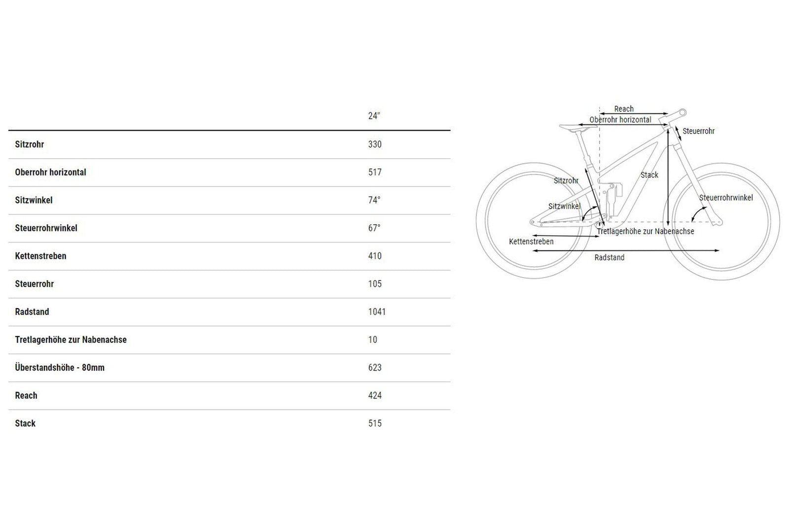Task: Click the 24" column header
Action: point(374,116)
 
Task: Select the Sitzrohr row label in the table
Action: point(29,144)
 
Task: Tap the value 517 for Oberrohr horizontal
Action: point(375,172)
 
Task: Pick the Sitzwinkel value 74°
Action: point(374,200)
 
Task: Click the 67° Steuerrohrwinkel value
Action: point(374,228)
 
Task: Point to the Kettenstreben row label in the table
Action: point(40,256)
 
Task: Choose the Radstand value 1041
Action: point(377,312)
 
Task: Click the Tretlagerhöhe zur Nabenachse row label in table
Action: point(71,340)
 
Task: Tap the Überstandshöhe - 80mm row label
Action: point(60,368)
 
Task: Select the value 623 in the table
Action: point(375,368)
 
